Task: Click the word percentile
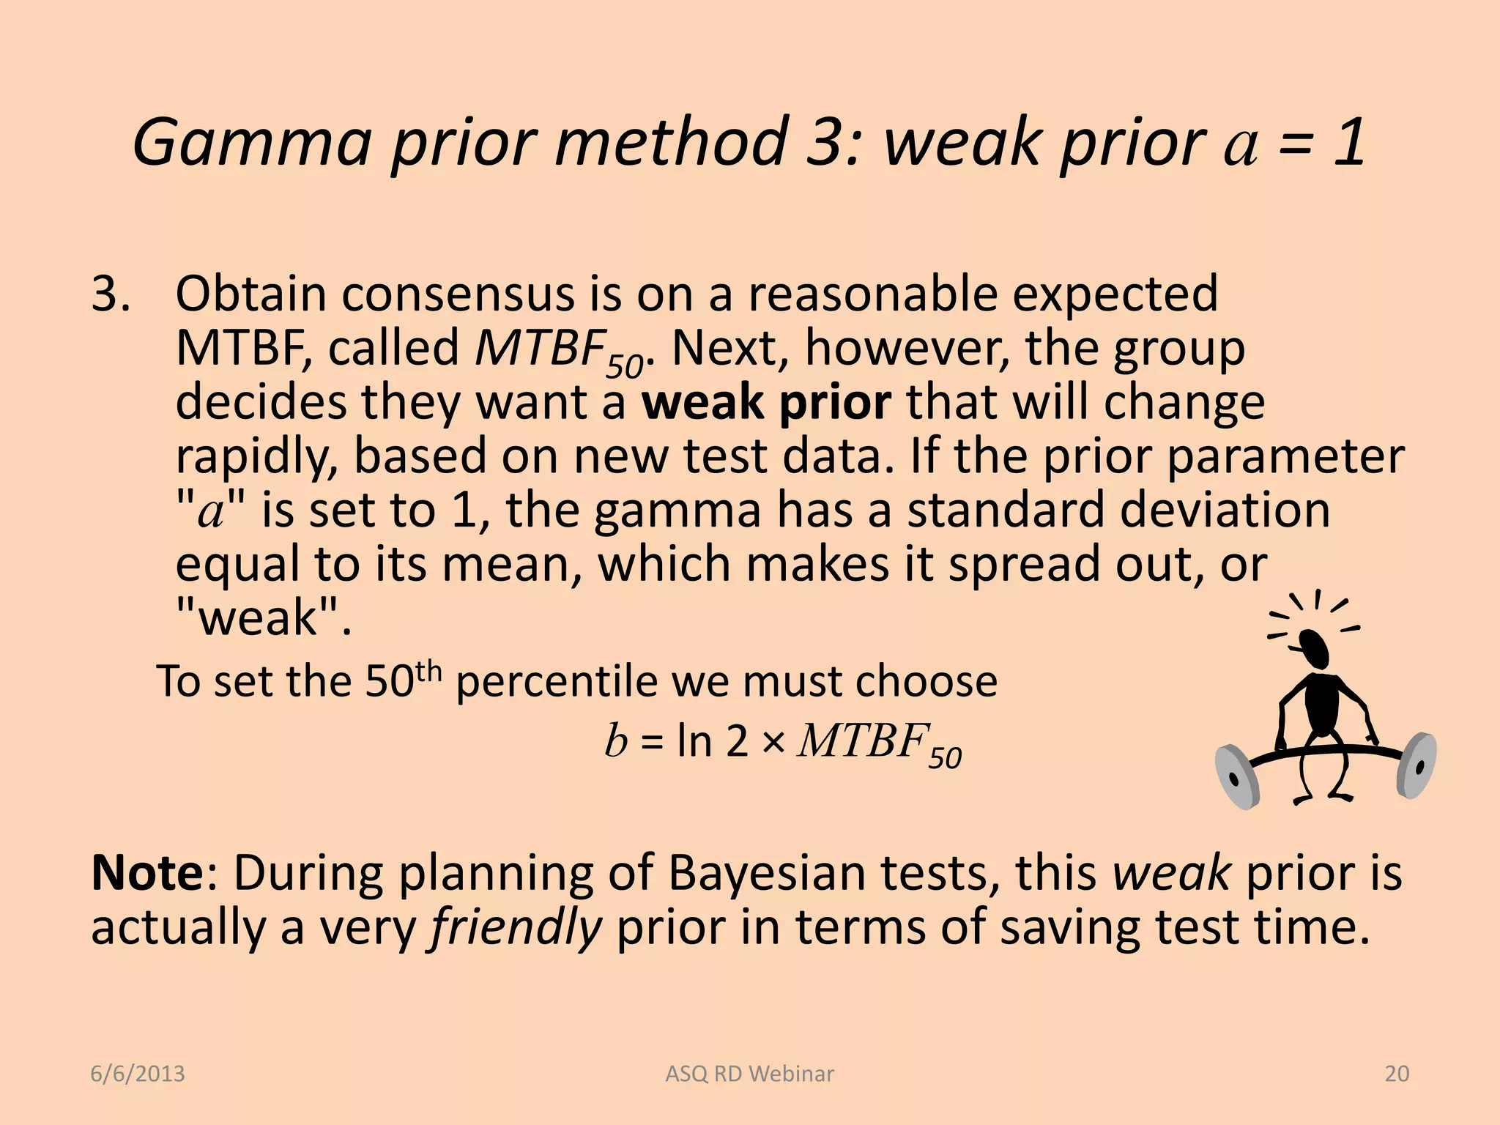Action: point(557,681)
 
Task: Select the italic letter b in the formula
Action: point(615,740)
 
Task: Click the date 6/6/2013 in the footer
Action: point(138,1074)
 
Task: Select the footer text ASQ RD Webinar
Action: point(749,1074)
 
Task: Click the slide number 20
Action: point(1397,1074)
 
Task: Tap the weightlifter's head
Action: point(1314,648)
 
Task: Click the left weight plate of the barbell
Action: point(1236,778)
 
